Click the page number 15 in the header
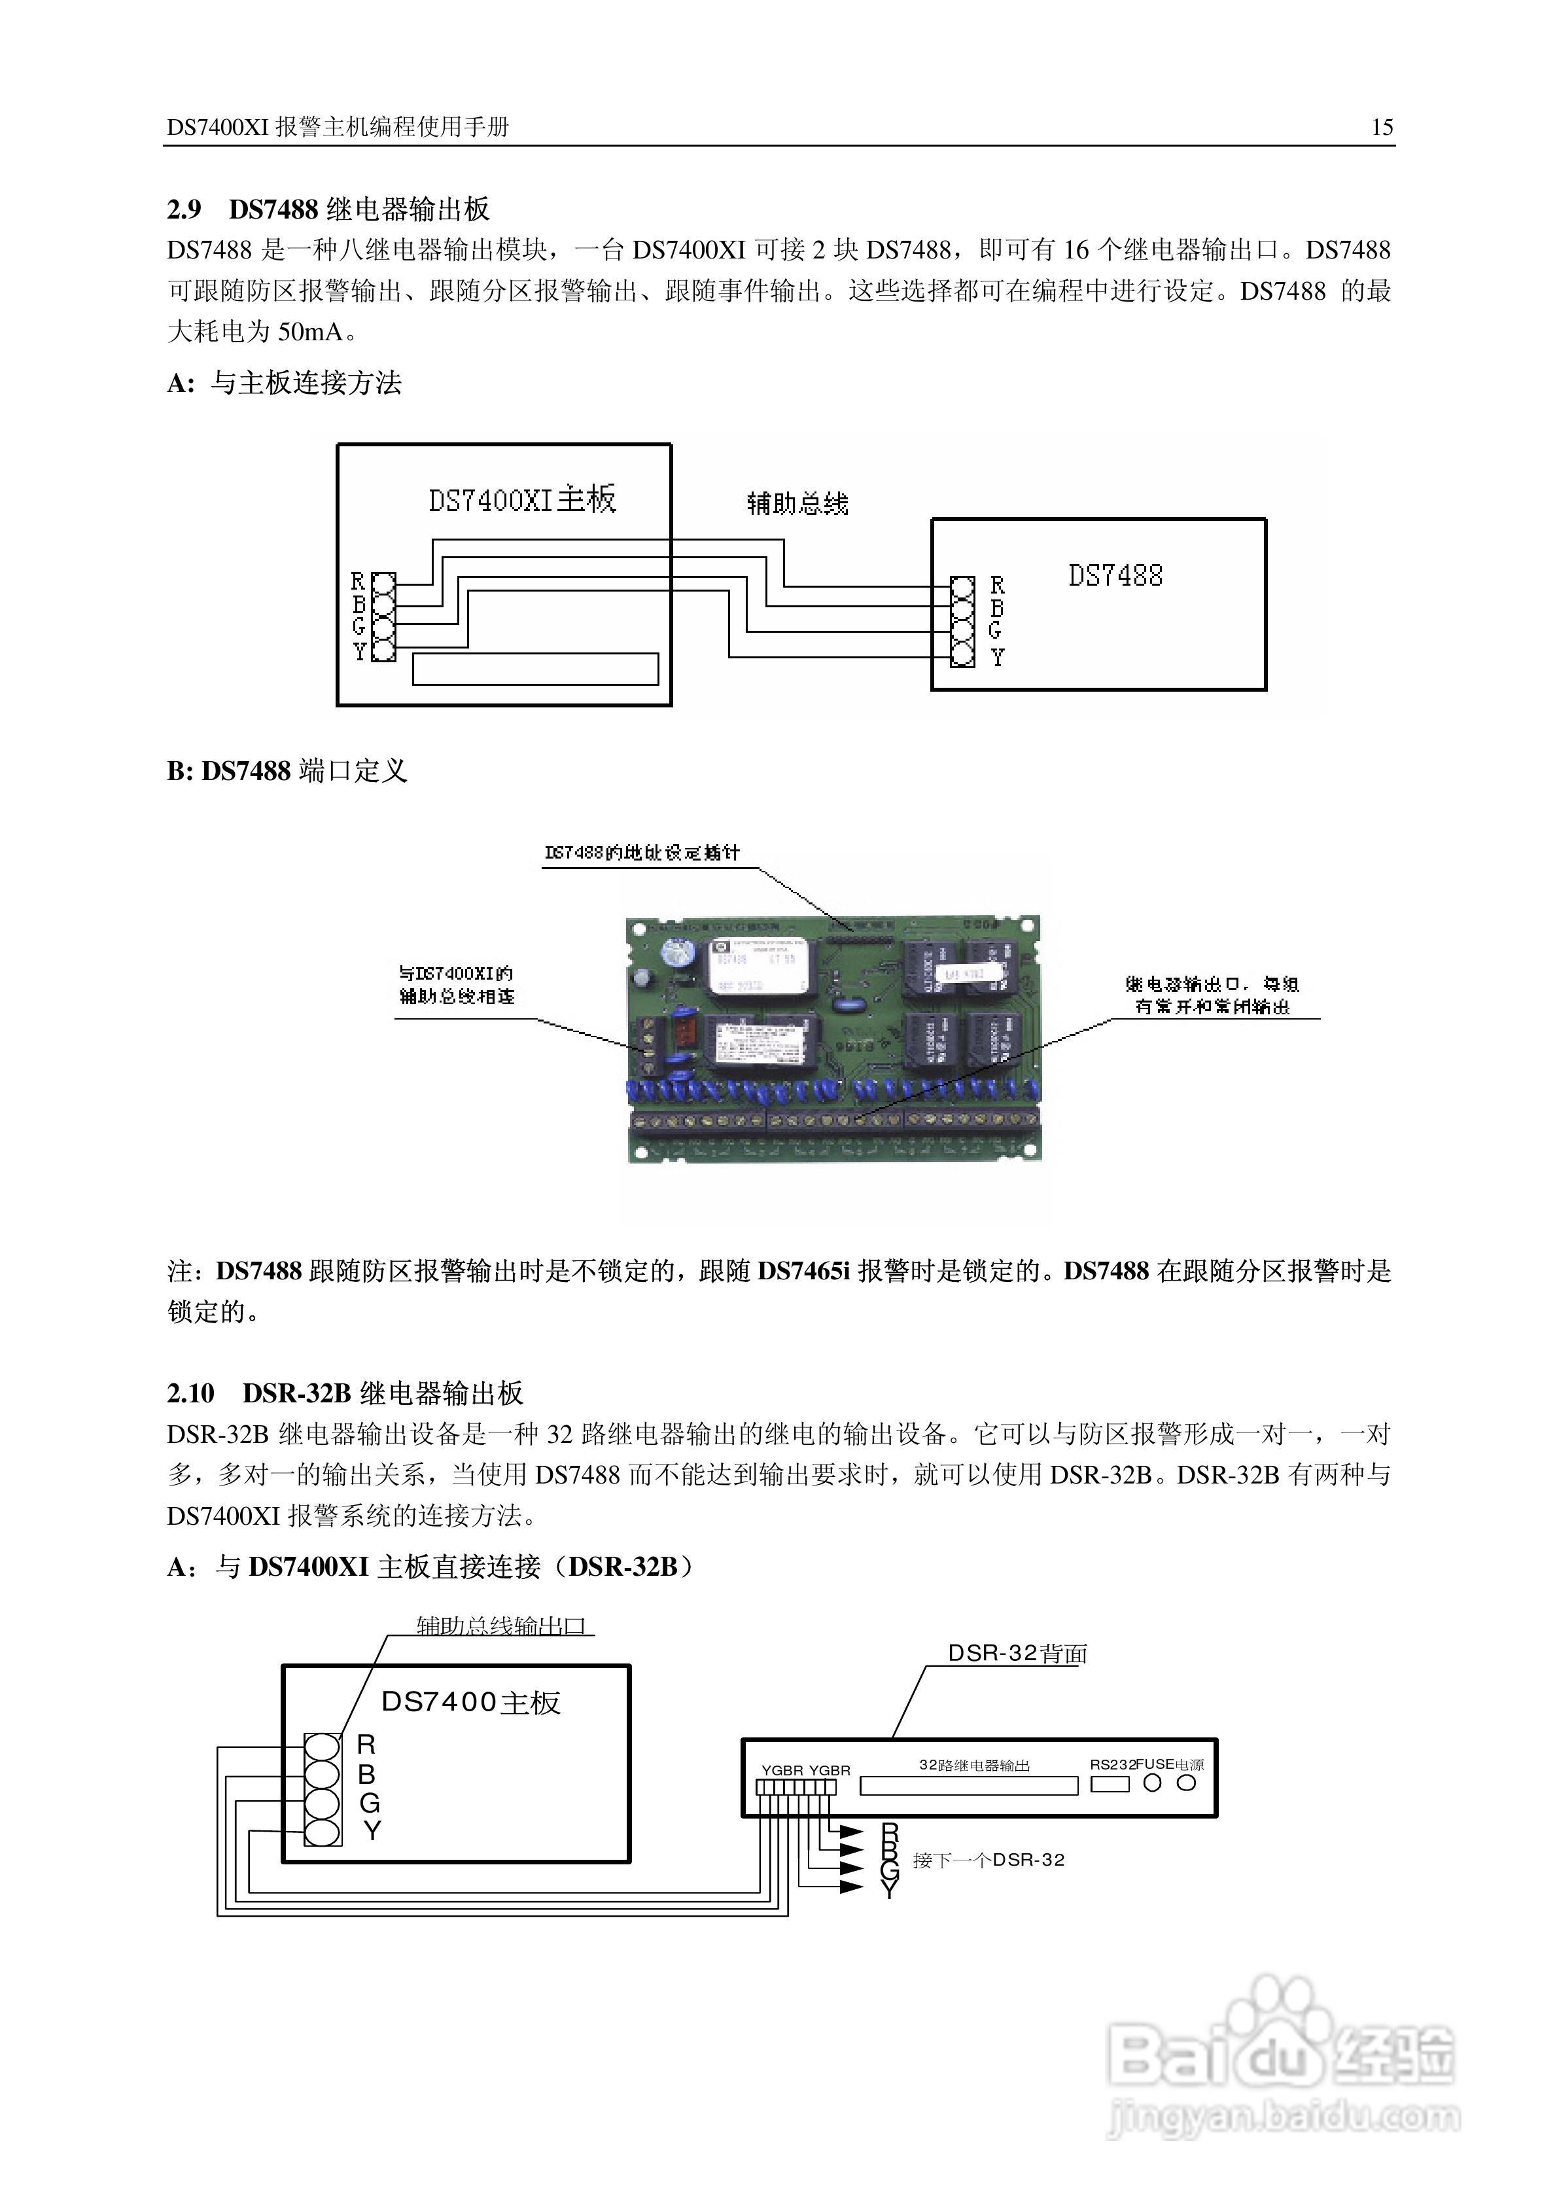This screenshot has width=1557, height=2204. pyautogui.click(x=1381, y=128)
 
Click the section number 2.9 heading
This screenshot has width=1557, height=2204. pyautogui.click(x=184, y=209)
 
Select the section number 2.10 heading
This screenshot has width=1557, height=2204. pyautogui.click(x=190, y=1393)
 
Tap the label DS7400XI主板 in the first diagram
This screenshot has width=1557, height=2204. pyautogui.click(x=521, y=499)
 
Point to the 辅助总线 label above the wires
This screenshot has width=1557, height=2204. pyautogui.click(x=797, y=504)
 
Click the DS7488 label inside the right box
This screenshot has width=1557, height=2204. pyautogui.click(x=1115, y=576)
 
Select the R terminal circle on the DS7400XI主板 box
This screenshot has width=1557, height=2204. pyautogui.click(x=383, y=582)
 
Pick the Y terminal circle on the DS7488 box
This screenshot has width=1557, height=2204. pyautogui.click(x=962, y=656)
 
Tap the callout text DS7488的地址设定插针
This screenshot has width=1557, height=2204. pyautogui.click(x=641, y=853)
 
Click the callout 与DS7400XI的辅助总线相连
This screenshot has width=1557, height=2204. pyautogui.click(x=456, y=985)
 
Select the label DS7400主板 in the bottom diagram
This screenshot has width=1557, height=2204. pyautogui.click(x=470, y=1703)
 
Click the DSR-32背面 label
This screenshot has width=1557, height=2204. pyautogui.click(x=1017, y=1653)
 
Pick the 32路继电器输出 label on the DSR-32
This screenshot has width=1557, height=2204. pyautogui.click(x=973, y=1764)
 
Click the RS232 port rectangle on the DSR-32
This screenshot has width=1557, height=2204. pyautogui.click(x=1110, y=1785)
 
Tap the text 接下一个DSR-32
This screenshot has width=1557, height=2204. pyautogui.click(x=988, y=1859)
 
